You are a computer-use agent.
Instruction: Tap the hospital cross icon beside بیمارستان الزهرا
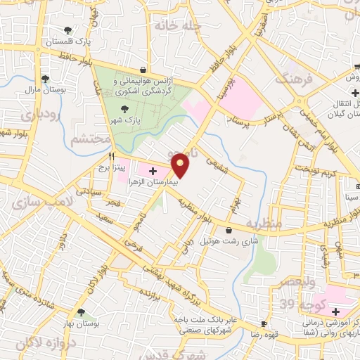click(153, 172)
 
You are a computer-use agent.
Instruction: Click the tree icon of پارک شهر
click(124, 109)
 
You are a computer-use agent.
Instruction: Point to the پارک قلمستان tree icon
click(67, 30)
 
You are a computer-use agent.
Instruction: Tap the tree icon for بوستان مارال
click(45, 79)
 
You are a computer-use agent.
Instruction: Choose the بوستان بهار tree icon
click(82, 312)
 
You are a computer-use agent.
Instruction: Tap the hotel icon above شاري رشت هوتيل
click(229, 230)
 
